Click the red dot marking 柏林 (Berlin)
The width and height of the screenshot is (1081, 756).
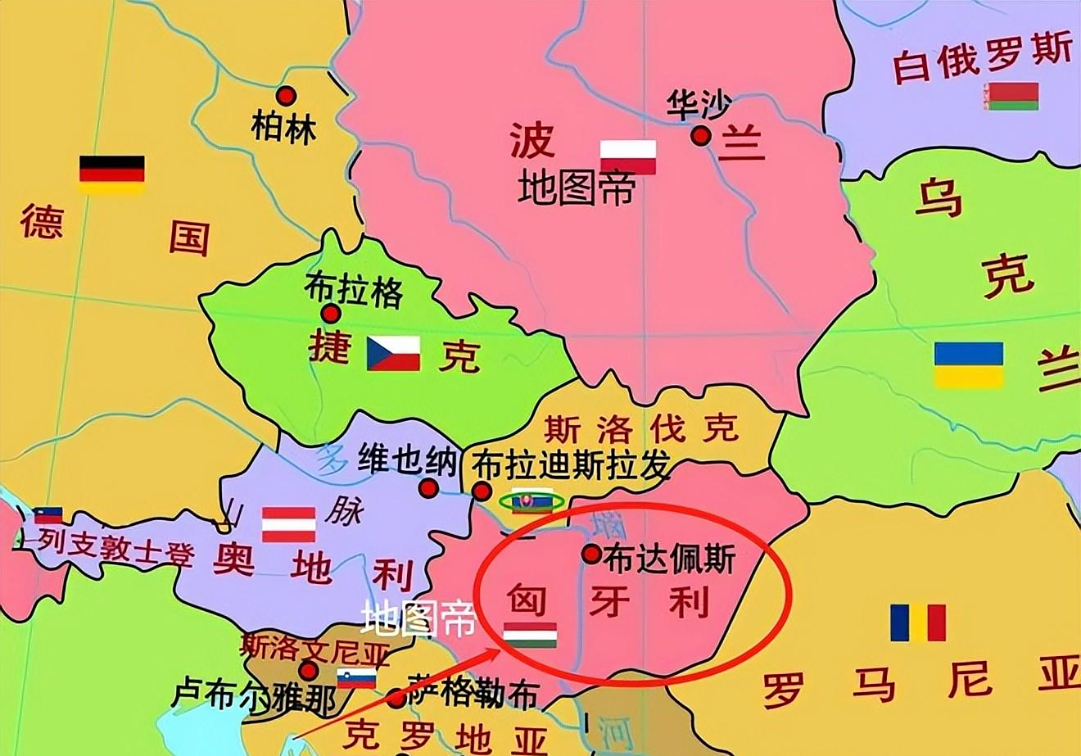point(285,96)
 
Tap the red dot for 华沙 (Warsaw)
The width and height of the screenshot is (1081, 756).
point(700,135)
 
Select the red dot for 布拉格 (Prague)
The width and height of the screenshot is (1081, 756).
point(331,313)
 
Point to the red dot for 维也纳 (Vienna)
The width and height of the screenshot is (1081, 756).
point(427,489)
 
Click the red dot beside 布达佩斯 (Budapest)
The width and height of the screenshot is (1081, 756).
point(591,554)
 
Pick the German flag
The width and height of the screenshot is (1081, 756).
point(112,174)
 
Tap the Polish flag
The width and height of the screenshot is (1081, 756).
point(628,156)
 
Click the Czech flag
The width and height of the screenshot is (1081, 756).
point(393,353)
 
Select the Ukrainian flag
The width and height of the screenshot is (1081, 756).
point(969,365)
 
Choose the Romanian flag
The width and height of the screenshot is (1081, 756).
point(918,622)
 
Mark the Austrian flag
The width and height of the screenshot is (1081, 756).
point(288,524)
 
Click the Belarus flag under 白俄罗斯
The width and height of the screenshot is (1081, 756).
point(1013,96)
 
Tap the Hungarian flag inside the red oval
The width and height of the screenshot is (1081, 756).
point(530,635)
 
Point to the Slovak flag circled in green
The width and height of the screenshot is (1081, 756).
point(531,501)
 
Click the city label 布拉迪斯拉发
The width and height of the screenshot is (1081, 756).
point(572,466)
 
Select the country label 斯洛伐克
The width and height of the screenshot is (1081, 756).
point(641,427)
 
